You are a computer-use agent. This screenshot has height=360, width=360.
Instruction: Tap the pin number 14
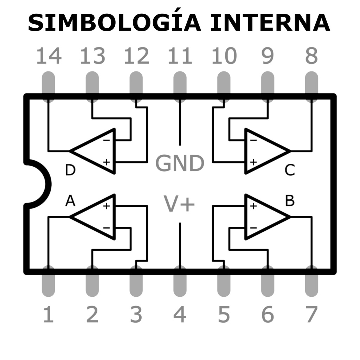point(49,56)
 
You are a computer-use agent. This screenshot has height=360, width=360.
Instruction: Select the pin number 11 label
point(180,56)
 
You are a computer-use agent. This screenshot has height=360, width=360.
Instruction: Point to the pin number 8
point(311,56)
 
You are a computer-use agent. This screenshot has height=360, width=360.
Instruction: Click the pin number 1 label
point(49,314)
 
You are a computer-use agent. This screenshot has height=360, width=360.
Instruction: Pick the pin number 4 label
point(180,314)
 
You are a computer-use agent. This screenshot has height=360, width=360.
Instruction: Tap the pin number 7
point(311,314)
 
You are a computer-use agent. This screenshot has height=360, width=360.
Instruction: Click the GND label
point(180,163)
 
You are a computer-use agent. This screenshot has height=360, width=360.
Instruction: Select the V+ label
point(180,204)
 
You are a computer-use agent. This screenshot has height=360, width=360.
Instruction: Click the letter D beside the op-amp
point(70,171)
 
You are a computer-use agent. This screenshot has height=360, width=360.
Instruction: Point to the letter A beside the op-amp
point(70,201)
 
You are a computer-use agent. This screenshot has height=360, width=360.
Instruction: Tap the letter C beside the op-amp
point(290,171)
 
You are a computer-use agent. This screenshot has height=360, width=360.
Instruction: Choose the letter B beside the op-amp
point(290,201)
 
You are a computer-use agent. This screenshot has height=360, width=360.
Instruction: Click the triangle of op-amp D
point(97,151)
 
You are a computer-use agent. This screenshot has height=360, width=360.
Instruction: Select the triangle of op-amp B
point(264,217)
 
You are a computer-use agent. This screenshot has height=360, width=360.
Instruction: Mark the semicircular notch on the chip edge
point(37,184)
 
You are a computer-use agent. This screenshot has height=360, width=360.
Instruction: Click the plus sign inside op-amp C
point(253,162)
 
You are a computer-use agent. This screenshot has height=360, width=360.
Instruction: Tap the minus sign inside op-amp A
point(107,227)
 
